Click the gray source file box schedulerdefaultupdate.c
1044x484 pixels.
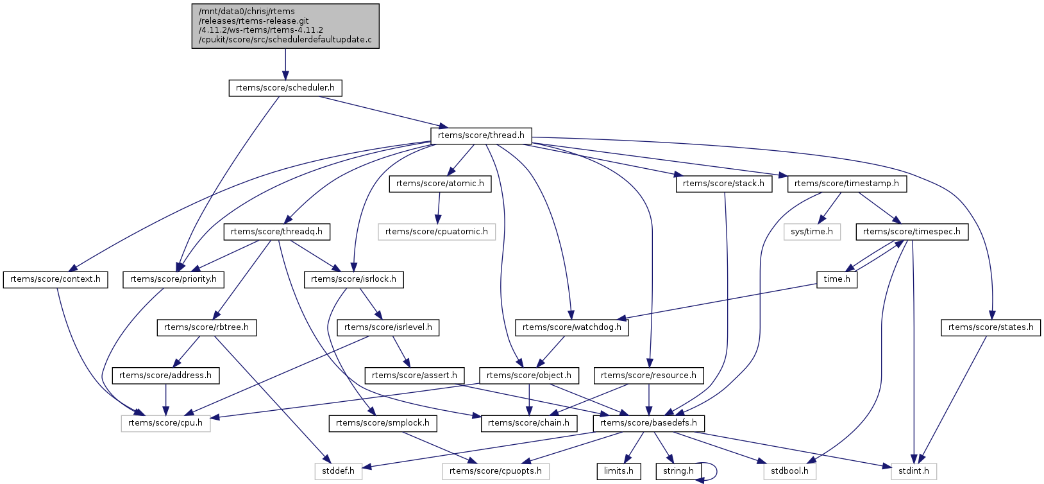285,26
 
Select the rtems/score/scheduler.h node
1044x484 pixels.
285,88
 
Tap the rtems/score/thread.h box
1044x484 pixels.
481,135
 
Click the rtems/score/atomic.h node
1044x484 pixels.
440,184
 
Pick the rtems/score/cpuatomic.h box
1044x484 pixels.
437,232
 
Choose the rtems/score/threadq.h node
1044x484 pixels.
276,232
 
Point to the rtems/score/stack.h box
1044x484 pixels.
723,184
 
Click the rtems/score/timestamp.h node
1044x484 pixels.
846,184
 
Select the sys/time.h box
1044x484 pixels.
812,232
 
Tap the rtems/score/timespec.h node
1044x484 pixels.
912,232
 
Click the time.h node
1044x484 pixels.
837,279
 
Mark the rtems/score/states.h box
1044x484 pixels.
991,327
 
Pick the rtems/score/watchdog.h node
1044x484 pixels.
572,327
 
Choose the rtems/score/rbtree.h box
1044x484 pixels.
206,327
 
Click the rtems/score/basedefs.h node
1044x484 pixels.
649,423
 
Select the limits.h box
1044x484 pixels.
618,471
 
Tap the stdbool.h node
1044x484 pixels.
789,471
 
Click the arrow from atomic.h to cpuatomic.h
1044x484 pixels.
439,207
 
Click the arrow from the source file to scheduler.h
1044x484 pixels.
285,64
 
